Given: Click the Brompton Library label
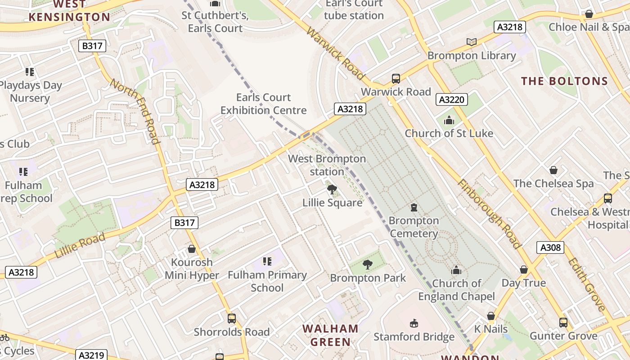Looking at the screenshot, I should (471, 55).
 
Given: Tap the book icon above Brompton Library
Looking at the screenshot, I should (471, 42).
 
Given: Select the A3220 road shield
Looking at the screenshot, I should (451, 99).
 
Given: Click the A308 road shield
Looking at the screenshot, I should (550, 247).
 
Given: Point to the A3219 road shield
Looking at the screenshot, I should (91, 355).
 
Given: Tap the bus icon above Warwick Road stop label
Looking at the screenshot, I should (396, 79).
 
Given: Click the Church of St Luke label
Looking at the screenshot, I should (449, 133).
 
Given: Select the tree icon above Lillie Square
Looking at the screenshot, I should (332, 189).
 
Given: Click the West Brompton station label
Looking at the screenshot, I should (327, 165).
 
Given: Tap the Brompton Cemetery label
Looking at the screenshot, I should (413, 227).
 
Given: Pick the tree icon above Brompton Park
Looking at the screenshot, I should (368, 265).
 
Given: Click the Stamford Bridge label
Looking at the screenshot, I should (414, 337).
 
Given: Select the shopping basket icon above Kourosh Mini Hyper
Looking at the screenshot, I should (192, 249).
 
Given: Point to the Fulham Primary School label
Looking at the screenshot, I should (267, 281).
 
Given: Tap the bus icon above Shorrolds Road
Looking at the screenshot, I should (231, 319).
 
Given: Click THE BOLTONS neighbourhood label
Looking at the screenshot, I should (564, 81).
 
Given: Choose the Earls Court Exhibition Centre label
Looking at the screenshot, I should (263, 103).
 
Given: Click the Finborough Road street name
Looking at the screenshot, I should (489, 214).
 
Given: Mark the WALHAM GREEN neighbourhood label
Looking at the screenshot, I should (330, 335).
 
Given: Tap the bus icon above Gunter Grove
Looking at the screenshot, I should (563, 322).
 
